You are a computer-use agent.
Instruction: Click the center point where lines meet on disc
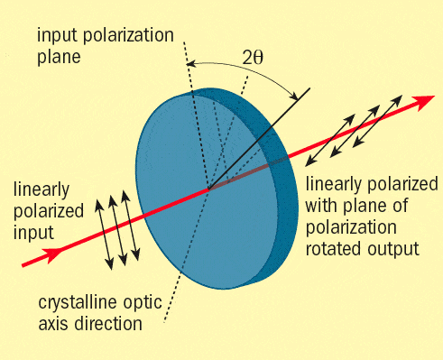(208, 189)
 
